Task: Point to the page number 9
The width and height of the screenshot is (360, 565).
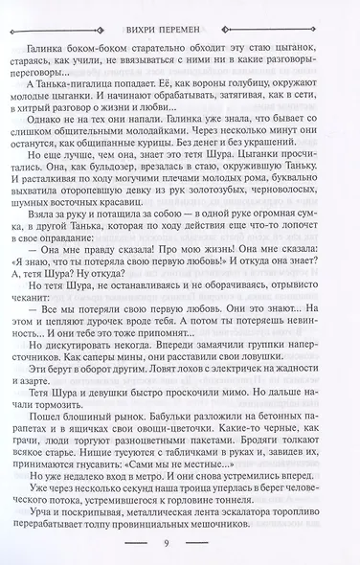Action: pyautogui.click(x=181, y=547)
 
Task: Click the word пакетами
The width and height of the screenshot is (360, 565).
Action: pyautogui.click(x=214, y=486)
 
